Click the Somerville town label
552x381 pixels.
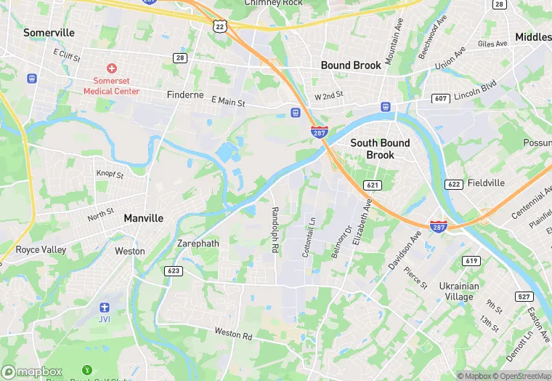[x=49, y=33]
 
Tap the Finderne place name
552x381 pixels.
[x=185, y=95]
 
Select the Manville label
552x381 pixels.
[x=144, y=218]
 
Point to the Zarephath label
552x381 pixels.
[x=198, y=244]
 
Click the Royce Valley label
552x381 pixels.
[x=41, y=249]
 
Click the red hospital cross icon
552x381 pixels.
[x=112, y=67]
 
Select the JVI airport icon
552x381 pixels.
[x=105, y=307]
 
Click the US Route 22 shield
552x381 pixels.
[x=220, y=26]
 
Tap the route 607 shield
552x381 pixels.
[x=439, y=98]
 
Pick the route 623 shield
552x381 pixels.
[x=174, y=270]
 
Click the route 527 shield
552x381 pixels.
[x=523, y=296]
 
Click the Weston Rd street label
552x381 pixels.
[x=232, y=335]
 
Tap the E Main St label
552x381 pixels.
[x=228, y=102]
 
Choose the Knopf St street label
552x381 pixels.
[x=110, y=174]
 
